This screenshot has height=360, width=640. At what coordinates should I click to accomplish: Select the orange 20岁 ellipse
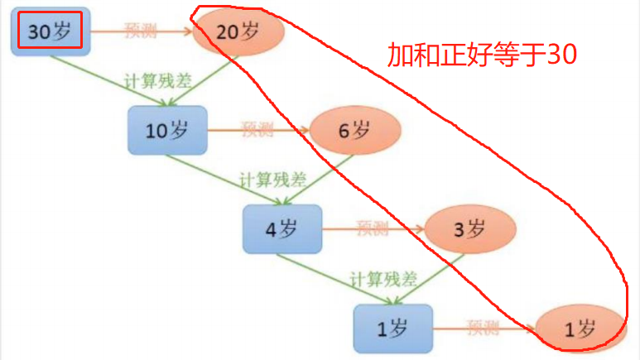[x=238, y=33]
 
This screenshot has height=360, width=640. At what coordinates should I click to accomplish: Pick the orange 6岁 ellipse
[x=355, y=130]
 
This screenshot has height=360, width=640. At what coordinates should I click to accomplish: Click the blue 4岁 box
[x=281, y=228]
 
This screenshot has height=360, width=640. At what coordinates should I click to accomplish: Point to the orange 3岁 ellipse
[x=469, y=228]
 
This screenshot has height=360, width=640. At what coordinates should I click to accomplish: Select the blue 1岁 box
[x=393, y=328]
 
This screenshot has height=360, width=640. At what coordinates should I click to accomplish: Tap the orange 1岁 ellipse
[x=580, y=329]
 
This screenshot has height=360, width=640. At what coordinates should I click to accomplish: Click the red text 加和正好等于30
[x=482, y=55]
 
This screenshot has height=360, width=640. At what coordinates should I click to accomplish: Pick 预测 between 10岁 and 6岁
[x=257, y=129]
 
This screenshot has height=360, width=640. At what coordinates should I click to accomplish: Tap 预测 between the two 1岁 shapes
[x=484, y=327]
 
